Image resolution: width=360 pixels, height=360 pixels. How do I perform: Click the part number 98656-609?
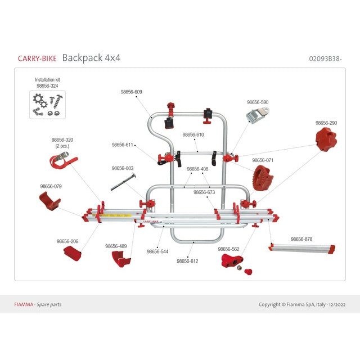131,92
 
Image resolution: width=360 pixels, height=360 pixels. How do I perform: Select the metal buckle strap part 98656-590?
257,115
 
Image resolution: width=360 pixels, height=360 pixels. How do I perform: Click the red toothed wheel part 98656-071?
262,178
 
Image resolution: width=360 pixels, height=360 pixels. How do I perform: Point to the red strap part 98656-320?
61,161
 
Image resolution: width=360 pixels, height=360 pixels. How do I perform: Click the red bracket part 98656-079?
49,201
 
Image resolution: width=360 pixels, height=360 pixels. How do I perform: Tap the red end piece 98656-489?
121,259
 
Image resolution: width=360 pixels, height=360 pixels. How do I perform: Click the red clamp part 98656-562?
232,261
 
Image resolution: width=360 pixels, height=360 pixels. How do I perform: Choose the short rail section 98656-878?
302,248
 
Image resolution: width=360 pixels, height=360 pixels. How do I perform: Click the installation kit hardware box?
47,105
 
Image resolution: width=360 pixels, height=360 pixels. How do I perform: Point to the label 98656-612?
188,261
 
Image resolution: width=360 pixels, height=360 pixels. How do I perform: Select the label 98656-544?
157,252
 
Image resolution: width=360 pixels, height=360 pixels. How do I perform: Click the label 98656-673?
204,192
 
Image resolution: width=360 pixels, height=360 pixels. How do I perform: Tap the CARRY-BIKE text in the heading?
37,58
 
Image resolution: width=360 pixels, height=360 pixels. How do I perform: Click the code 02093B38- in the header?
326,58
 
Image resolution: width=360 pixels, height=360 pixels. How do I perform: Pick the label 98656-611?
123,145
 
